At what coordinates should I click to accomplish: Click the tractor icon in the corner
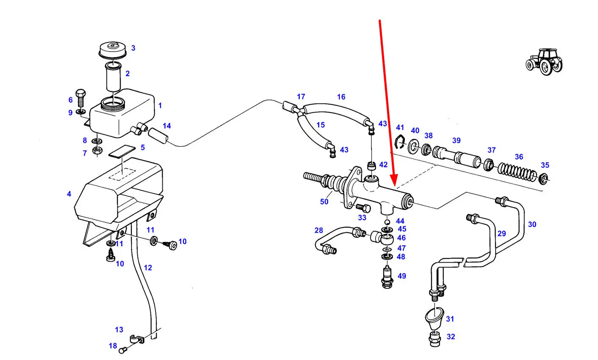(x=545, y=62)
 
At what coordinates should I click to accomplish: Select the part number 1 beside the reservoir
(x=160, y=105)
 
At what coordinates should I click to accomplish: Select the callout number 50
(x=324, y=202)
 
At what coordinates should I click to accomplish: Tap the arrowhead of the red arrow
(x=394, y=182)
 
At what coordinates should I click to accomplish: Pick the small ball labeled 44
(x=387, y=222)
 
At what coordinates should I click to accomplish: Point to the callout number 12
(x=147, y=268)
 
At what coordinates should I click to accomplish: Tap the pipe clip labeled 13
(x=136, y=339)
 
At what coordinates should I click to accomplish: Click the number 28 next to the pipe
(x=318, y=230)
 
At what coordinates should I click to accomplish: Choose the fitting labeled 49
(x=387, y=277)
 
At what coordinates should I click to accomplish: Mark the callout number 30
(x=532, y=224)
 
